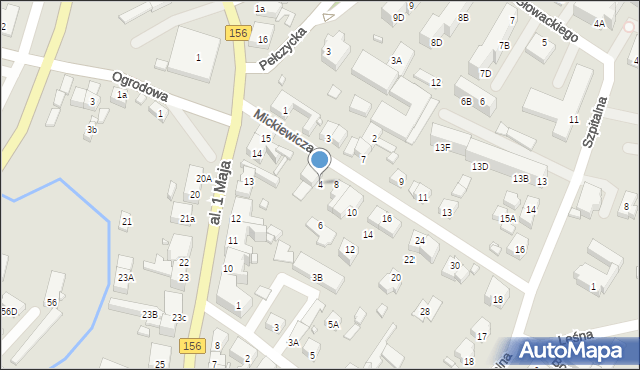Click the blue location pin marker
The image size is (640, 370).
[x=320, y=160]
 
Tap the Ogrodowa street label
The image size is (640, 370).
[x=140, y=88]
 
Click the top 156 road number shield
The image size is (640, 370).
[x=237, y=33]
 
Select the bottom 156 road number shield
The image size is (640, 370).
[x=194, y=345]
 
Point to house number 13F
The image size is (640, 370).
[x=442, y=148]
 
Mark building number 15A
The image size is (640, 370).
[x=508, y=218]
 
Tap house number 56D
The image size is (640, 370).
[x=9, y=311]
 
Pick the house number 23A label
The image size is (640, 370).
[x=125, y=277]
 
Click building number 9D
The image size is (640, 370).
[x=398, y=17]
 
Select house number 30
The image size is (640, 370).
[x=455, y=265]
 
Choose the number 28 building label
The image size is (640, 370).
[x=424, y=312]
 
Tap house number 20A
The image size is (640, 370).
[x=203, y=178]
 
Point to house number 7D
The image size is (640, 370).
[x=485, y=73]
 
